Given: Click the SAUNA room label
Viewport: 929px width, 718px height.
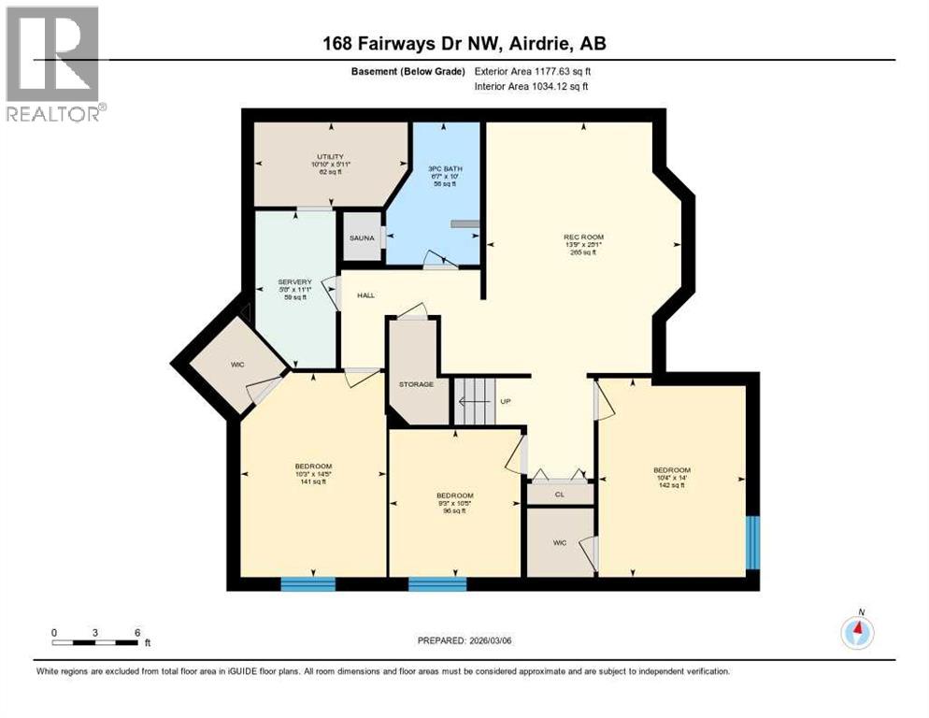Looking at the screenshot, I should click(x=362, y=238).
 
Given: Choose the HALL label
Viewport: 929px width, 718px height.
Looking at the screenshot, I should click(x=365, y=295).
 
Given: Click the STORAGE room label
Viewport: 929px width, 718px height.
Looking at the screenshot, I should click(x=417, y=383).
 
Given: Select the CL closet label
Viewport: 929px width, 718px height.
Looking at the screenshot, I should click(x=559, y=494).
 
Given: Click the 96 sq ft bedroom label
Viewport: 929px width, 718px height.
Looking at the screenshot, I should click(x=454, y=503).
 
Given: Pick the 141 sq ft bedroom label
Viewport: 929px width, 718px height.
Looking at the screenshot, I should click(x=313, y=473).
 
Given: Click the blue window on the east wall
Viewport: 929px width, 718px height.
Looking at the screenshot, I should click(x=752, y=542).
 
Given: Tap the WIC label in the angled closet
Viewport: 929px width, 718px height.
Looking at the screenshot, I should click(x=238, y=364).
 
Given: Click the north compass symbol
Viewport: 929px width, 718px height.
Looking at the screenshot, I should click(x=857, y=631).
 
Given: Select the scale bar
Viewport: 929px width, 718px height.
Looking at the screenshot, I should click(x=95, y=642).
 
